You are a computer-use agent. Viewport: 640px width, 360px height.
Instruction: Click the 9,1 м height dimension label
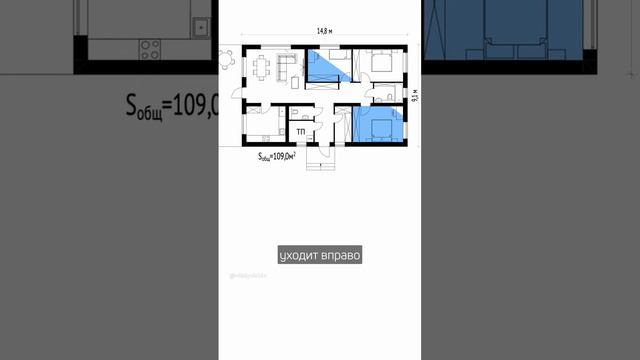(x=412, y=97)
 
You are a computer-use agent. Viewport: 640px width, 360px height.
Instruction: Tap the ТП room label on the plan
(x=300, y=131)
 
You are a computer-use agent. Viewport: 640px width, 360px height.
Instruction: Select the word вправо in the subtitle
(x=339, y=256)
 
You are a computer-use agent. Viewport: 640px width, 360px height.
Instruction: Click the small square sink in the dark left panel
(x=201, y=27)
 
